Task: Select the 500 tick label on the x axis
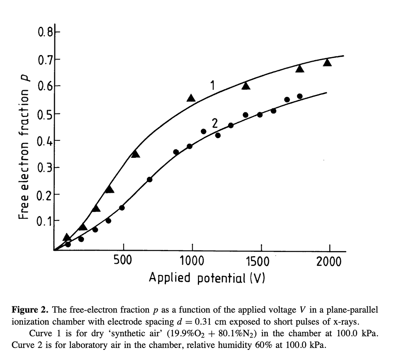(x=124, y=261)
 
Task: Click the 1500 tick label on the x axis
(x=258, y=261)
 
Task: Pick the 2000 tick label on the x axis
(x=328, y=261)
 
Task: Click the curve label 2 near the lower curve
(x=215, y=124)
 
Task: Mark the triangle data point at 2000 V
(x=327, y=62)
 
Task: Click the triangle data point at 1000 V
(x=191, y=98)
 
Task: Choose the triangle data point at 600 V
(x=135, y=154)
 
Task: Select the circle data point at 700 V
(x=150, y=179)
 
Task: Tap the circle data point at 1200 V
(x=218, y=135)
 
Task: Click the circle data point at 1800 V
(x=300, y=96)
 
